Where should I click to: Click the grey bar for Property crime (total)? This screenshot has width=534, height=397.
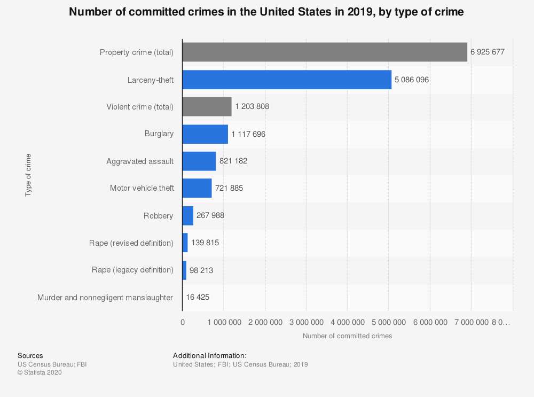click(x=325, y=52)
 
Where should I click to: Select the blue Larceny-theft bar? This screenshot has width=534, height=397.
click(x=287, y=80)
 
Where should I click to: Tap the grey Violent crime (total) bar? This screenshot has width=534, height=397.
click(x=207, y=106)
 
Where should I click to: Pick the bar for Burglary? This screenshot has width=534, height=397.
click(x=205, y=134)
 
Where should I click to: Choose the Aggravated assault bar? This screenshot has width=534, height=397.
click(x=199, y=161)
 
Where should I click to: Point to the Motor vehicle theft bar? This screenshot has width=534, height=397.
click(x=197, y=188)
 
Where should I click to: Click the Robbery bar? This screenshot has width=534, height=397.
click(x=188, y=215)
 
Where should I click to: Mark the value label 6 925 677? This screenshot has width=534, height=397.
click(x=488, y=52)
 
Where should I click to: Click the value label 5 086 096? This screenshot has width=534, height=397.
click(x=412, y=80)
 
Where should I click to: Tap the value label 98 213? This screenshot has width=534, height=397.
click(x=201, y=270)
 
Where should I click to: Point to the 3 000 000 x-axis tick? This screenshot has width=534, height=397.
click(x=306, y=322)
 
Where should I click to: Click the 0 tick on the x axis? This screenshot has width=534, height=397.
click(x=183, y=322)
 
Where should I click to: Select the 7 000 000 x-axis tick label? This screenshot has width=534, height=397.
click(x=471, y=322)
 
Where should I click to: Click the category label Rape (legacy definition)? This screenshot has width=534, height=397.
click(x=132, y=270)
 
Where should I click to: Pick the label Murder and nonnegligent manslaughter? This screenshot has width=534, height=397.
click(x=105, y=297)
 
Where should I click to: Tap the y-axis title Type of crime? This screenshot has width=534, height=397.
click(x=28, y=175)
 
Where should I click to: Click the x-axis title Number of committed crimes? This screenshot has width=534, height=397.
click(x=347, y=336)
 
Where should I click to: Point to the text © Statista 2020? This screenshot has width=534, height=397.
click(x=40, y=372)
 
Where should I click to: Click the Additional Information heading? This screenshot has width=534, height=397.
click(x=210, y=355)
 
